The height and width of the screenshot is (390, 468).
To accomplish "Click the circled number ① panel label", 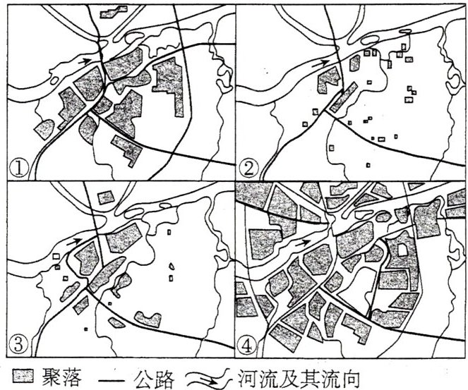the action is coord(19,169).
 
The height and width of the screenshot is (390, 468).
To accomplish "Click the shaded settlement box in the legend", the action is coord(23,376).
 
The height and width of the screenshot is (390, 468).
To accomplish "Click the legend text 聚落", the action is coord(62,377).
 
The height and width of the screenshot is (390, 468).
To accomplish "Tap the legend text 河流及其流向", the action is coord(299,377).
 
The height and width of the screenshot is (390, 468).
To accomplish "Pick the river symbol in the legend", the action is coord(209,377).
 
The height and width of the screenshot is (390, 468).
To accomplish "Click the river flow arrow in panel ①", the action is coord(85,61).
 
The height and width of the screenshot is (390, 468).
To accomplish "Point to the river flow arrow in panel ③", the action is coord(73,241).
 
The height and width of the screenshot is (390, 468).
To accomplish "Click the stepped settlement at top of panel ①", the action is coord(114,11).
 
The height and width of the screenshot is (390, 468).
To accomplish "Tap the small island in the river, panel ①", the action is coord(54,80).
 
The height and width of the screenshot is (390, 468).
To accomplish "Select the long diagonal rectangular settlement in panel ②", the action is coord(344,97).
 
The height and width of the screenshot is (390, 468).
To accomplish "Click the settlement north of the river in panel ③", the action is coord(106,197).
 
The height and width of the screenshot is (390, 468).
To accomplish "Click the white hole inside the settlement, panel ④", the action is coord(402,250).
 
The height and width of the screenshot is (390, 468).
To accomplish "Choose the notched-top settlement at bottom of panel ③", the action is coord(148,319).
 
